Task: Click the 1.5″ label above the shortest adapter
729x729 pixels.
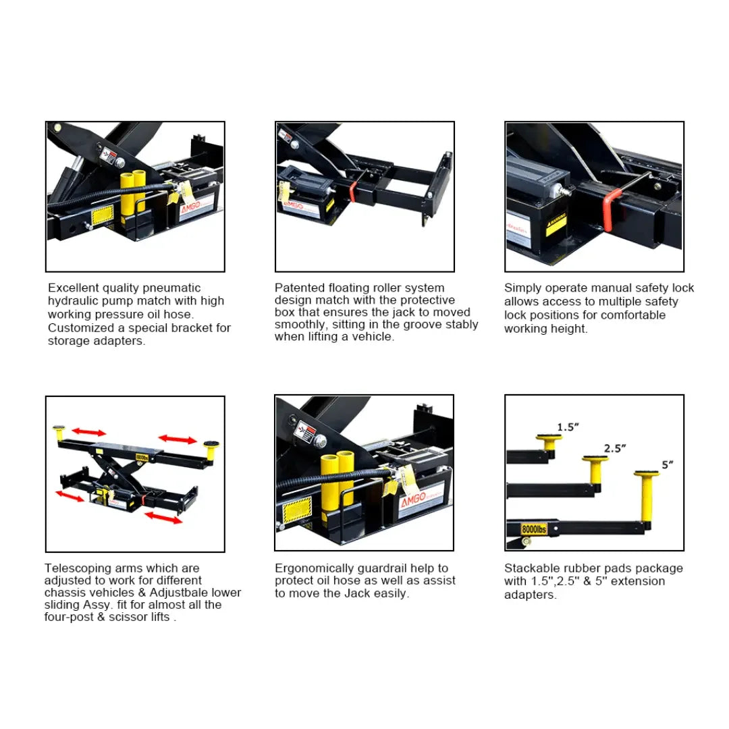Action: (x=567, y=427)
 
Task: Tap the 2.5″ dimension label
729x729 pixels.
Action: (x=615, y=448)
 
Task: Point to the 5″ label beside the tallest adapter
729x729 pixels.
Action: (x=667, y=464)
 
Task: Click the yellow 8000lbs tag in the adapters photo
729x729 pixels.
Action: (x=533, y=529)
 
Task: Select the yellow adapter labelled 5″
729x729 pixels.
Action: (x=646, y=498)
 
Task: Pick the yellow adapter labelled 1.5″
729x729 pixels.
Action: (x=548, y=443)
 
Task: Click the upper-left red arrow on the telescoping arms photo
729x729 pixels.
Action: (x=88, y=431)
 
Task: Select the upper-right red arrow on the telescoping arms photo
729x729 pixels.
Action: (x=178, y=439)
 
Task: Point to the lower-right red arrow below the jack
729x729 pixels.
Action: (x=163, y=518)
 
